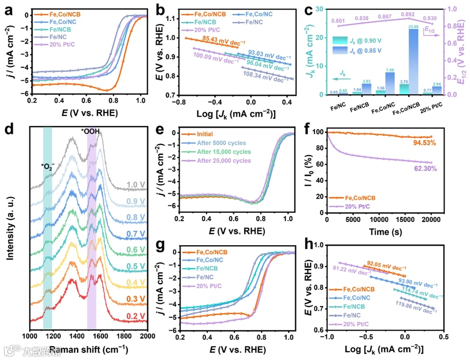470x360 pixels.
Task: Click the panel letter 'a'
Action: pos(8,10)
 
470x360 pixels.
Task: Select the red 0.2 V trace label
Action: pos(136,315)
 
